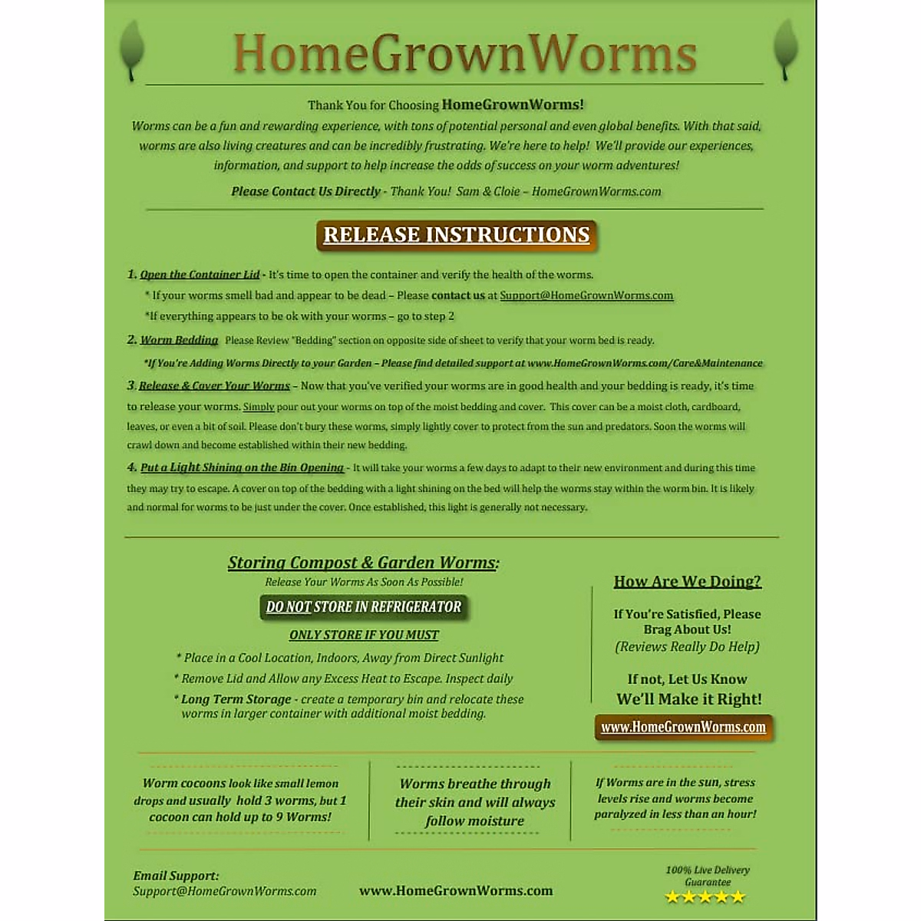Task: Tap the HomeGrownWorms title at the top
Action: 465,54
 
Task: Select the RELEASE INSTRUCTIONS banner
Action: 457,235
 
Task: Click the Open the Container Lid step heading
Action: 200,275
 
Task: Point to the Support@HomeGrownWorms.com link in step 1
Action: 586,295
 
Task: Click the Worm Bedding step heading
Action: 179,340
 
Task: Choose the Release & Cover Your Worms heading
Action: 214,386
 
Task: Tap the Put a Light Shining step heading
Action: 242,467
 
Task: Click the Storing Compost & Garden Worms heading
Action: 363,563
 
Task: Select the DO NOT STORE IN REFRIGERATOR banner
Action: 364,607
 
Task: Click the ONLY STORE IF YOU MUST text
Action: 364,635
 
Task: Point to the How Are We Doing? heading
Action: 687,582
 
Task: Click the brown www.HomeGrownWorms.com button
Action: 683,727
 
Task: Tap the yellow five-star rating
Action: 705,897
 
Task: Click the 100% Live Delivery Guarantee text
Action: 708,876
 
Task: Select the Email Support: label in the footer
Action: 176,876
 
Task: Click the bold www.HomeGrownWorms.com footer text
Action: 456,891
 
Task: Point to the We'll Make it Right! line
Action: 688,699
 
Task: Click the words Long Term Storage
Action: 236,699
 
